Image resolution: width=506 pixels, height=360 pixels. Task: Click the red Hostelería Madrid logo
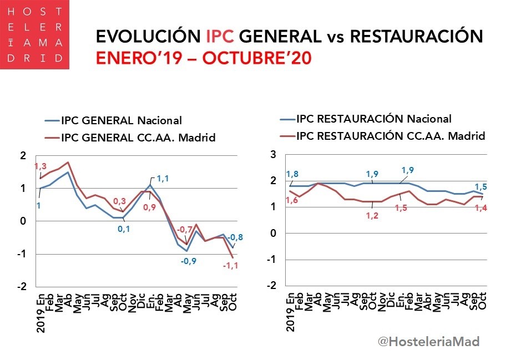[x=34, y=34]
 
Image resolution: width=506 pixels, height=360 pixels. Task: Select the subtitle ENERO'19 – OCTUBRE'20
[x=203, y=58]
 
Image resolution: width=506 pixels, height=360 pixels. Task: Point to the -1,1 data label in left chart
[x=230, y=266]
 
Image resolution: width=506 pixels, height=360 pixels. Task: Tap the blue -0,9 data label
[x=189, y=261]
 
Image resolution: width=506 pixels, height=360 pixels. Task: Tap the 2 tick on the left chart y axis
[x=23, y=155]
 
